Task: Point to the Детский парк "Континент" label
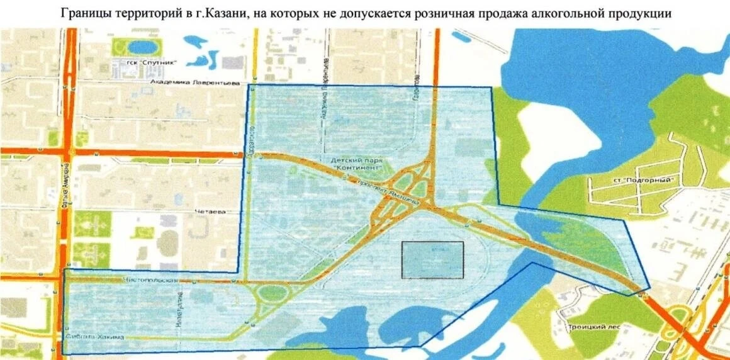click(x=356, y=164)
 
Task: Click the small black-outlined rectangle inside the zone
click(x=432, y=260)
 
